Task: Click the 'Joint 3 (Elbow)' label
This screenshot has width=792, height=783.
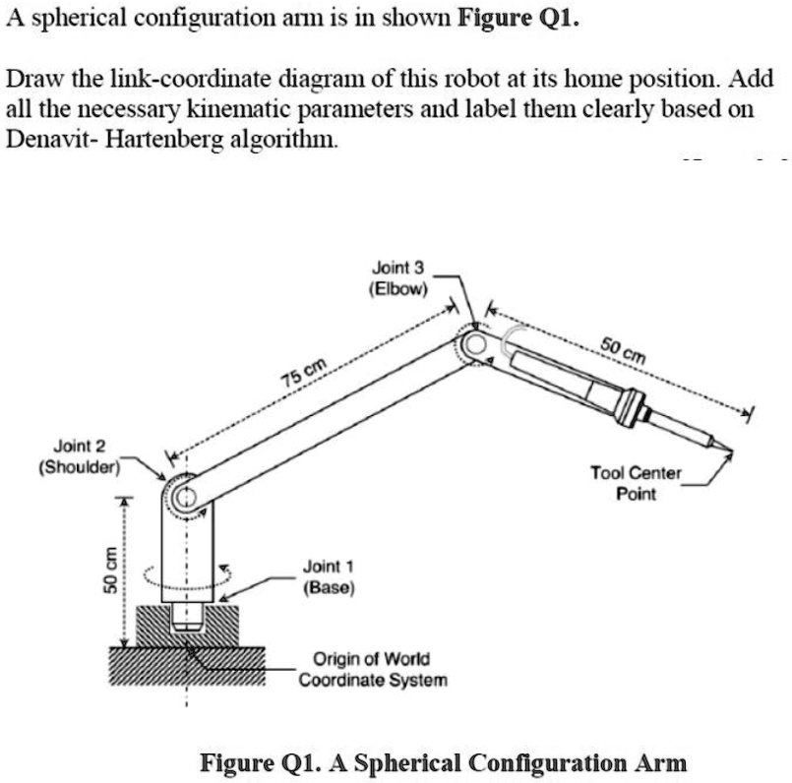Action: (x=398, y=278)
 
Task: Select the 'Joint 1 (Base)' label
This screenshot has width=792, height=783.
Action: (x=330, y=577)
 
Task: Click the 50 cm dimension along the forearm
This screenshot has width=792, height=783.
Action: (x=624, y=348)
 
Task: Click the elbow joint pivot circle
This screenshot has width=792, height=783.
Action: (x=476, y=343)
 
